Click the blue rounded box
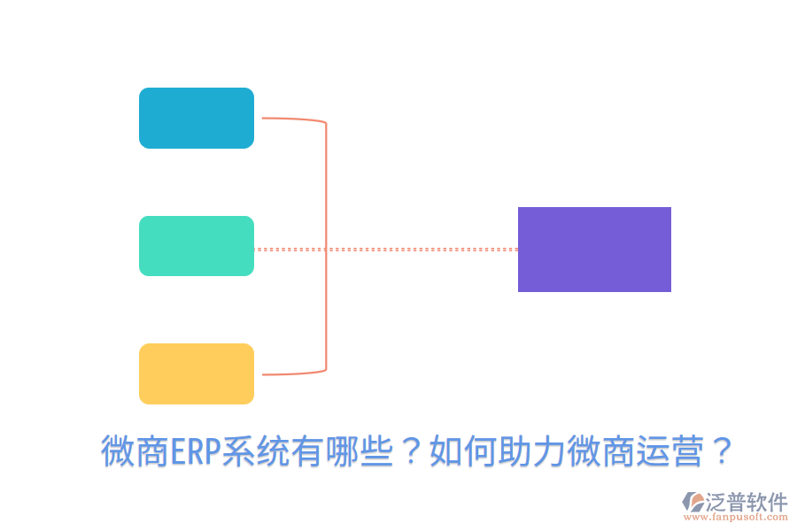(197, 118)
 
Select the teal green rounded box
(197, 246)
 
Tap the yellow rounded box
(197, 373)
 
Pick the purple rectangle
(594, 250)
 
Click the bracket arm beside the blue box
(292, 119)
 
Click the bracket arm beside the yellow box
(292, 373)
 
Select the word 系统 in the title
(253, 452)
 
